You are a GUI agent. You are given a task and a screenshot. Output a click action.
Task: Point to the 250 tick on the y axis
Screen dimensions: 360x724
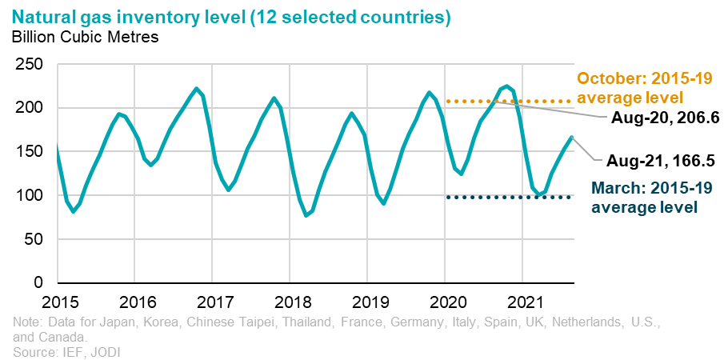tap(30, 65)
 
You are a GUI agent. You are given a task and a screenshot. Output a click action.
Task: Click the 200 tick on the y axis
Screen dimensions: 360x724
tap(30, 108)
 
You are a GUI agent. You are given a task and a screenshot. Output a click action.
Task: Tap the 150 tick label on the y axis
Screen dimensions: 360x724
tap(30, 152)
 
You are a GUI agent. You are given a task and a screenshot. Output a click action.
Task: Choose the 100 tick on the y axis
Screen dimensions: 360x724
tap(30, 196)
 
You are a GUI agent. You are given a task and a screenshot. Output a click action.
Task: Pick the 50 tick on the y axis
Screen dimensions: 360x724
tap(34, 239)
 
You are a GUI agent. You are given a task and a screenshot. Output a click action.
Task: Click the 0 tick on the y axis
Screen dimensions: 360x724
tap(38, 283)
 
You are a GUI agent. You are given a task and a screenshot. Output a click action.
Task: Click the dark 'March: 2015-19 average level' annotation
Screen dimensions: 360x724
tap(643, 198)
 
